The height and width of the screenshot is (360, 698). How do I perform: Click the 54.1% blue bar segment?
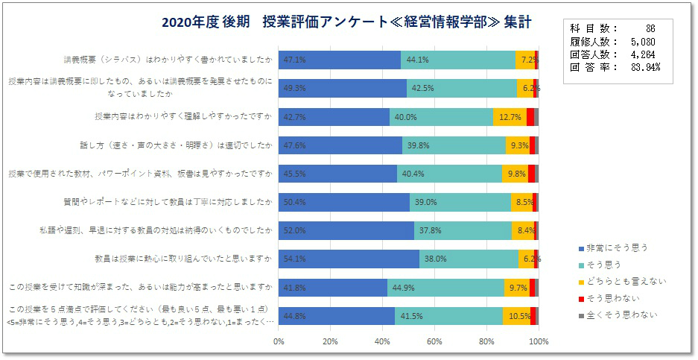point(349,259)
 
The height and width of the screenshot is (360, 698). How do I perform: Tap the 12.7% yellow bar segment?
point(510,117)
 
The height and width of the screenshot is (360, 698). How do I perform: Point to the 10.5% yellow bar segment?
point(516,315)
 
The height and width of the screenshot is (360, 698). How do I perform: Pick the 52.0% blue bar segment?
point(346,230)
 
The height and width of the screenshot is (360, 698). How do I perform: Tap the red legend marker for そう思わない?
point(581,298)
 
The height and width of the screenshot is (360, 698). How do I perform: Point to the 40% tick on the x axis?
point(383,341)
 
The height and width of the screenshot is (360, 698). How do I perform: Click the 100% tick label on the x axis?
point(538,341)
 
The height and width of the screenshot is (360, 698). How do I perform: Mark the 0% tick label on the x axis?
point(279,341)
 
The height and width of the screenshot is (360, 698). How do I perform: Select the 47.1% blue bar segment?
point(340,60)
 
